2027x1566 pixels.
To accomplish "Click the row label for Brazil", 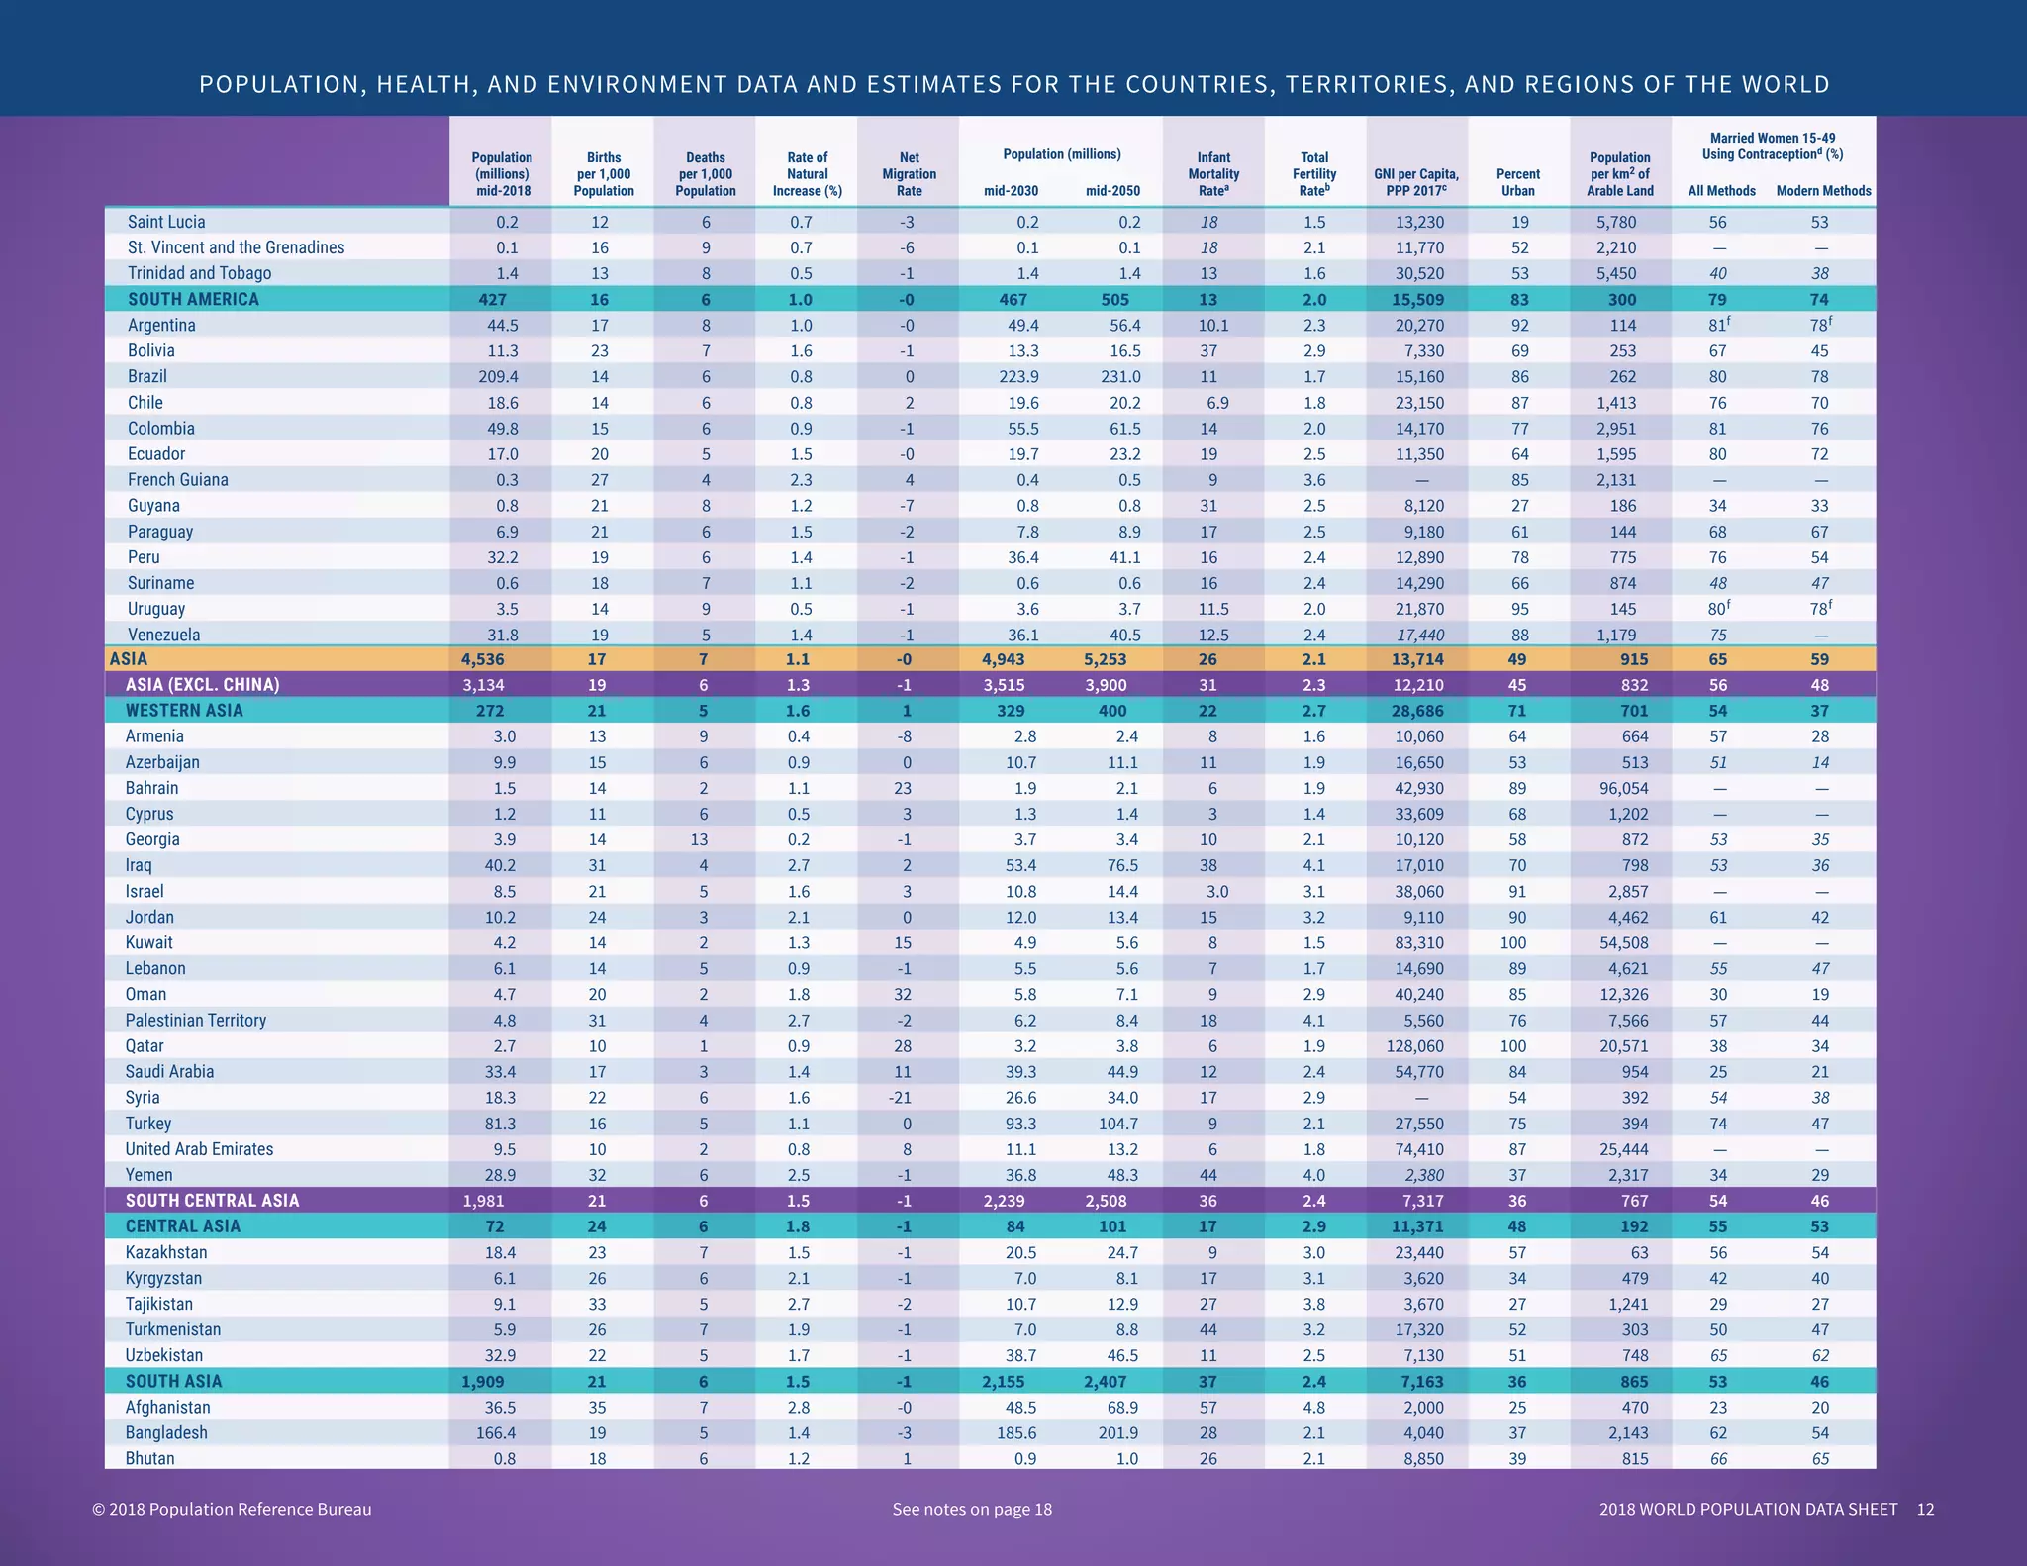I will (147, 377).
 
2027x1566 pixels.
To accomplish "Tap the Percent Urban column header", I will (1517, 182).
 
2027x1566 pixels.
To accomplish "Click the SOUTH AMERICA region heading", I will (193, 300).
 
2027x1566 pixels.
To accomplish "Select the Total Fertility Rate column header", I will (1314, 173).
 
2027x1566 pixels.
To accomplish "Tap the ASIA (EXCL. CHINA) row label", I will (202, 685).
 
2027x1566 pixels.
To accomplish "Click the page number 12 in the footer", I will (1925, 1510).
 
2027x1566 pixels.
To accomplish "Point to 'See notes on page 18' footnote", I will (972, 1510).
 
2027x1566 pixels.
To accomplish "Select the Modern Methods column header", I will (1823, 191).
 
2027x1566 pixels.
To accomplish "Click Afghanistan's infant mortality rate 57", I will (1207, 1408).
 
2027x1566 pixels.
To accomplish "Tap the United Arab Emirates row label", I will (199, 1149).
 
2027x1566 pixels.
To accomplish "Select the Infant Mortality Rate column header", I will (1213, 173).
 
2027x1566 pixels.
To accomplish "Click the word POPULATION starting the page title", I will (268, 85).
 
